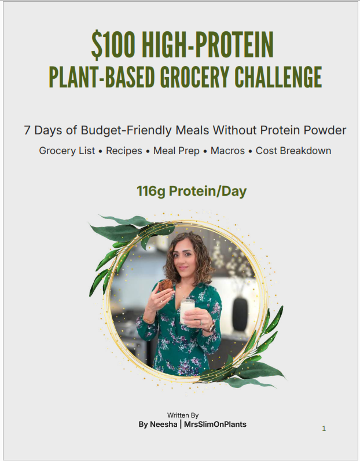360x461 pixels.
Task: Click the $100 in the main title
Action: pyautogui.click(x=113, y=46)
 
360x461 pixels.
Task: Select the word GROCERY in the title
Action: pyautogui.click(x=194, y=76)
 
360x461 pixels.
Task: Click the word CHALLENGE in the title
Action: pyautogui.click(x=278, y=76)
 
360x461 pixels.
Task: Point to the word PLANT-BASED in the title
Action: pyautogui.click(x=102, y=76)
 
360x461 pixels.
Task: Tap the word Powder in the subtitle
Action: pyautogui.click(x=325, y=130)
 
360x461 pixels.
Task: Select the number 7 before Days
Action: pyautogui.click(x=27, y=130)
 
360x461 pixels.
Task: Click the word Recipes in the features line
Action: pyautogui.click(x=124, y=151)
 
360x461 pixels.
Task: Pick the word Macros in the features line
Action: pyautogui.click(x=228, y=151)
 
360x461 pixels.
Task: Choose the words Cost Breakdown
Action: pyautogui.click(x=293, y=151)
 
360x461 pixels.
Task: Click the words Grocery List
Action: pyautogui.click(x=67, y=151)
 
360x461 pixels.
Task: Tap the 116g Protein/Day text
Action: pyautogui.click(x=192, y=191)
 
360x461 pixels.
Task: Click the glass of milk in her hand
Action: pyautogui.click(x=187, y=311)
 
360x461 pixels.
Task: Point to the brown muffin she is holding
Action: pyautogui.click(x=166, y=285)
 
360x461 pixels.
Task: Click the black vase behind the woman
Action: pyautogui.click(x=240, y=314)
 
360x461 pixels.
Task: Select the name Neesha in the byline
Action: pyautogui.click(x=164, y=425)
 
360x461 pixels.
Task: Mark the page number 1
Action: pyautogui.click(x=324, y=429)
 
